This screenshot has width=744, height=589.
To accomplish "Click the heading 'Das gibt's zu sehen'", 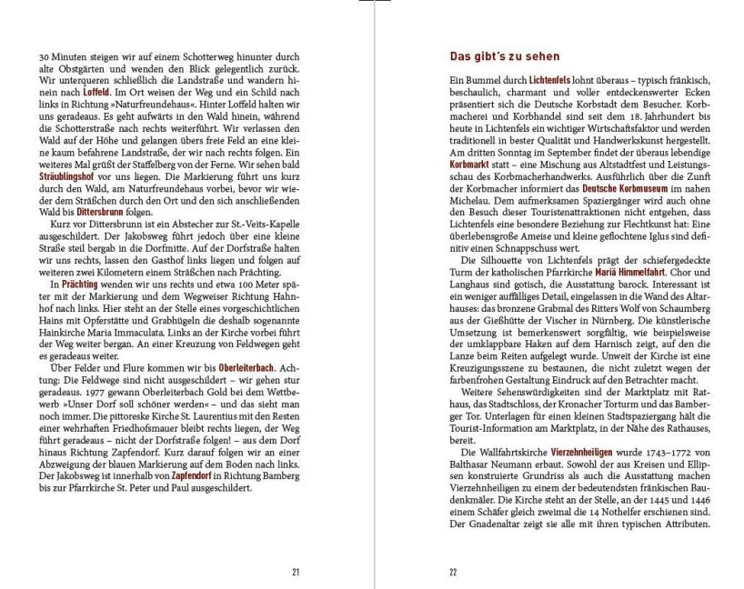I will coord(505,56).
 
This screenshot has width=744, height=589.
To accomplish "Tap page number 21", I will coord(296,572).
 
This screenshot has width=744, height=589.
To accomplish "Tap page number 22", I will coord(454,572).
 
